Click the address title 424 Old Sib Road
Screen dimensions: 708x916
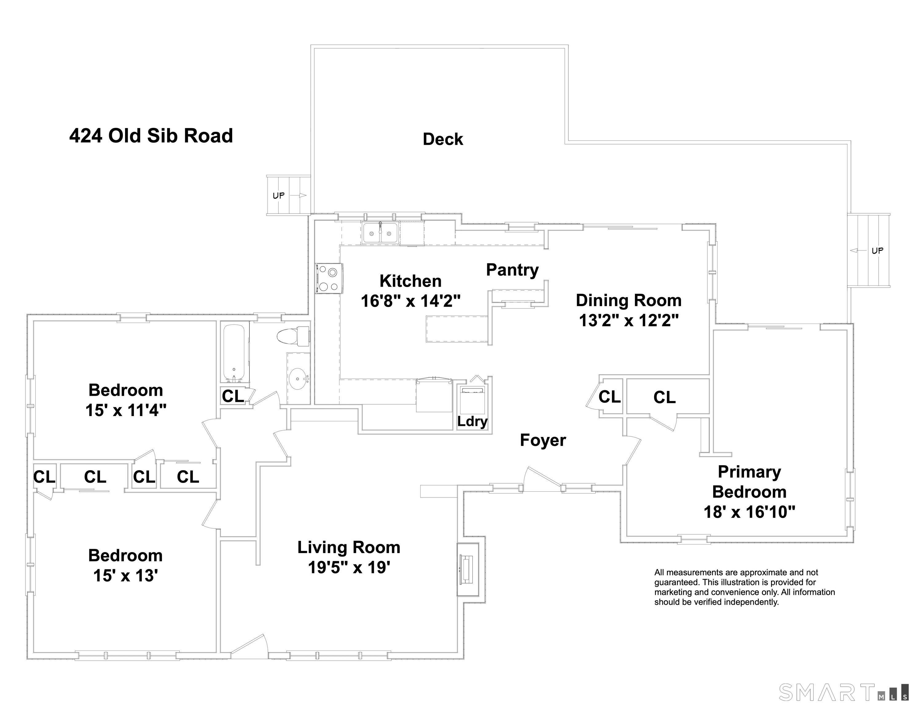[x=151, y=136]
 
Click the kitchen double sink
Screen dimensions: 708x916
[x=380, y=233]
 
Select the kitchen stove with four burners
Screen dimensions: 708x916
[x=329, y=278]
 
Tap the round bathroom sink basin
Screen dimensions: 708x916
[x=298, y=379]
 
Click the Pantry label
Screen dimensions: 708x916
[x=512, y=270]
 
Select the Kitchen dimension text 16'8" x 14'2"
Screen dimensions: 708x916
[x=411, y=301]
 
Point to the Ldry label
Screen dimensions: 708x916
[x=472, y=421]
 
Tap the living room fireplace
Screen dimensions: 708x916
[x=467, y=569]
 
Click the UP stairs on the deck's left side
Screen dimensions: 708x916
[x=288, y=195]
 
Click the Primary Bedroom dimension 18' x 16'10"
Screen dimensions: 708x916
[x=749, y=512]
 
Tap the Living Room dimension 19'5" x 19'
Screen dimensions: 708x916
[x=349, y=567]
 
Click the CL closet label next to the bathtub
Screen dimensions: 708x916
[x=233, y=396]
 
